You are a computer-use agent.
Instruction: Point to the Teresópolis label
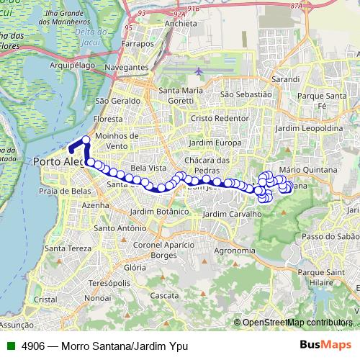point(117,284)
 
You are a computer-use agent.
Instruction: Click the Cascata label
point(165,295)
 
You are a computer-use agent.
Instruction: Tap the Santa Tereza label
point(65,248)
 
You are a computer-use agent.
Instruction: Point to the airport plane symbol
point(198,71)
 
